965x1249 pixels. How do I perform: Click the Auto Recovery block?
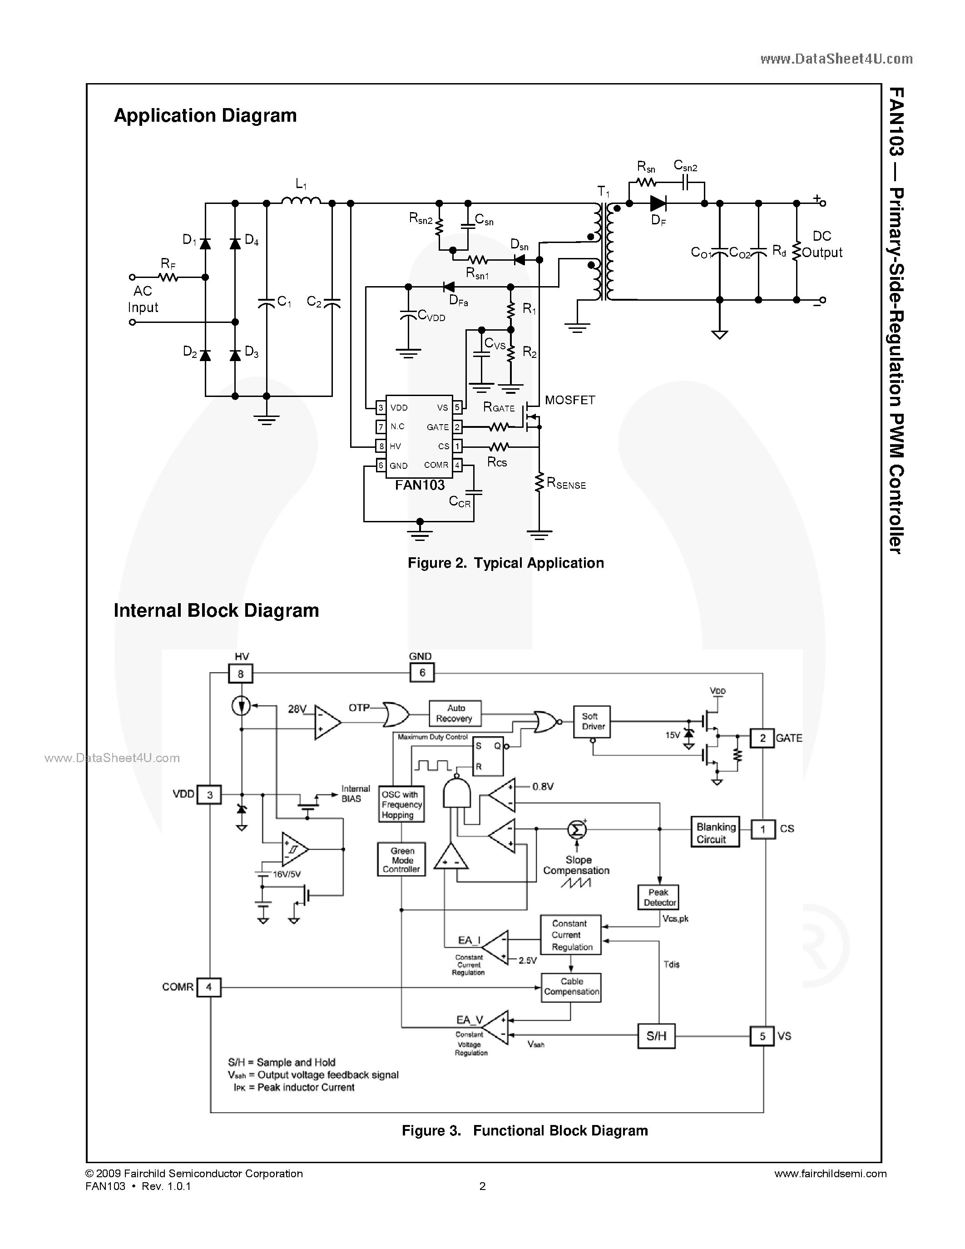click(455, 713)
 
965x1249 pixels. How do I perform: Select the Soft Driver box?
click(592, 721)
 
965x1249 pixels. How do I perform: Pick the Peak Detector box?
click(658, 897)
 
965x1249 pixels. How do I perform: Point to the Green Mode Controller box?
click(401, 860)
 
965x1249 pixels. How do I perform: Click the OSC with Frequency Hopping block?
click(401, 805)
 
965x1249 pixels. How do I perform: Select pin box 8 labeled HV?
click(241, 674)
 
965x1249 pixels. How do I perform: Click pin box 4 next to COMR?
click(208, 986)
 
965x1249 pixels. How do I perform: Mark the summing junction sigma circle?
click(577, 829)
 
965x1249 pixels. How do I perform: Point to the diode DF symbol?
click(658, 203)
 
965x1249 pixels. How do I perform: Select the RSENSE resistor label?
click(566, 484)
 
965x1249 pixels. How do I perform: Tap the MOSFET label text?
click(569, 400)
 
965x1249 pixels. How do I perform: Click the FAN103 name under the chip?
click(420, 485)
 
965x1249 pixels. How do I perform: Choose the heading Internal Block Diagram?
click(216, 610)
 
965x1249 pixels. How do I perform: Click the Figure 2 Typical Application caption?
click(505, 563)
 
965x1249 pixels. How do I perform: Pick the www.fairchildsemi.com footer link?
click(830, 1174)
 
